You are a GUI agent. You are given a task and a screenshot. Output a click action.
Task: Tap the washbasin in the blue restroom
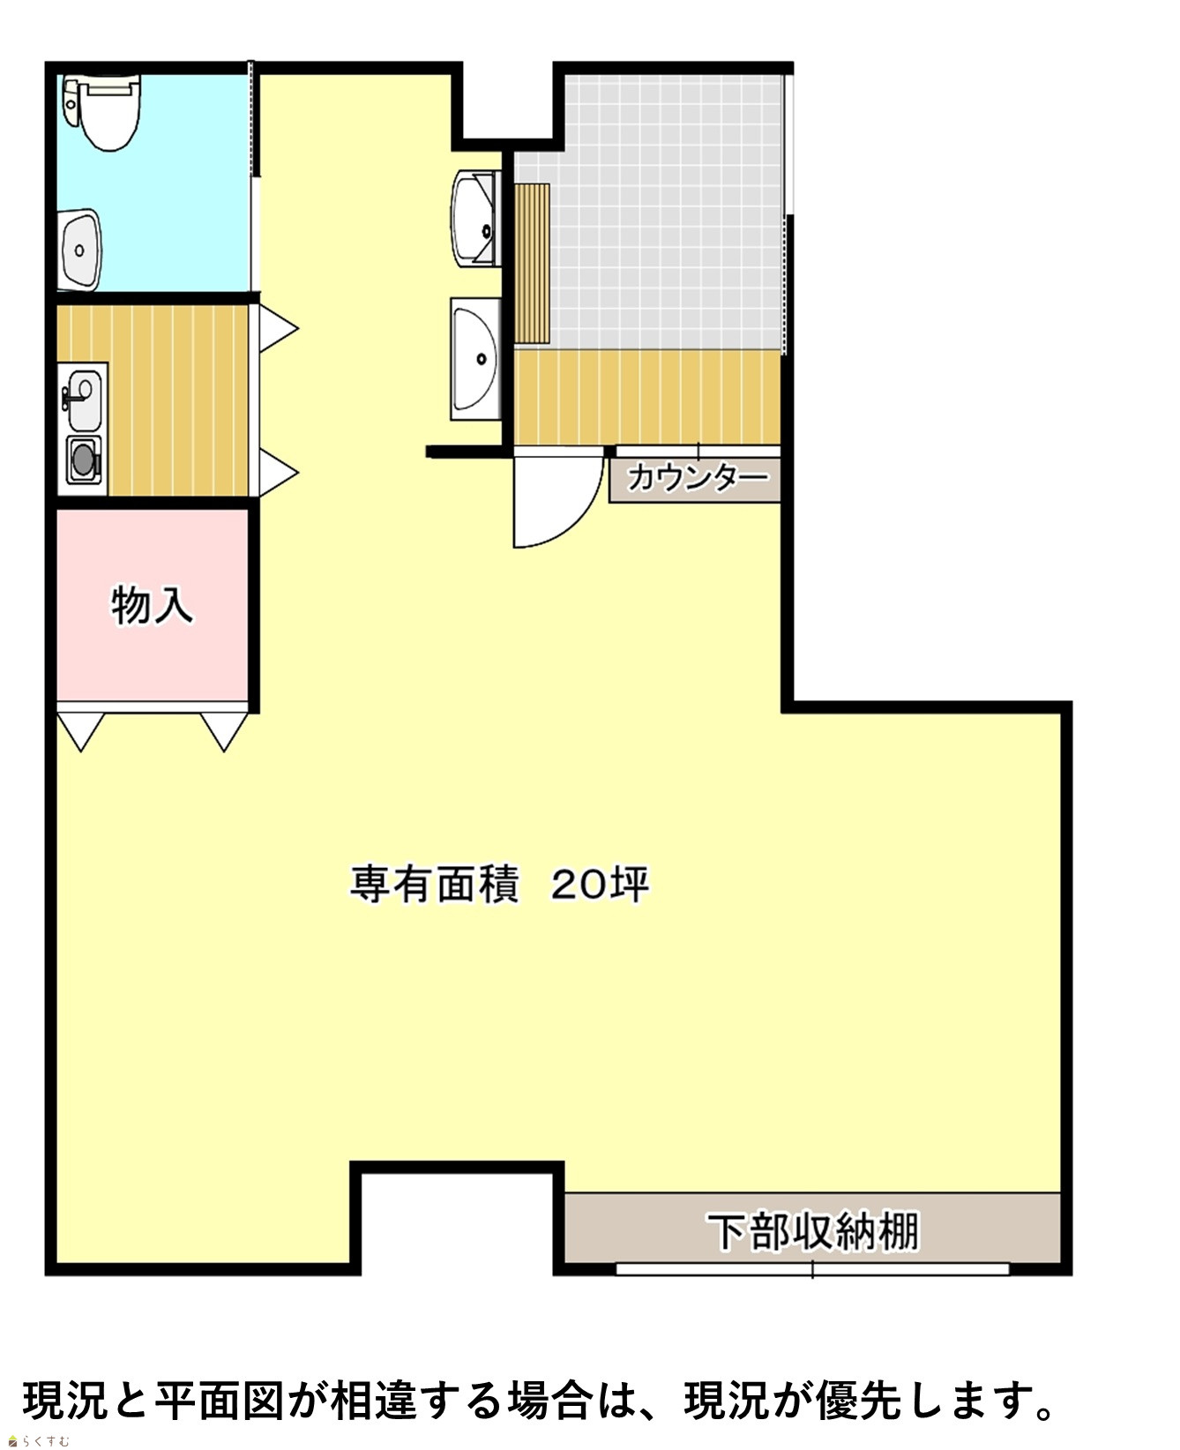80,249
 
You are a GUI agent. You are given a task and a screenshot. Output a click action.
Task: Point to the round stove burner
83,460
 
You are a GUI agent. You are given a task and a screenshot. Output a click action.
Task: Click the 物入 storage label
152,606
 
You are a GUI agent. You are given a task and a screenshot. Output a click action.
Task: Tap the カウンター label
697,478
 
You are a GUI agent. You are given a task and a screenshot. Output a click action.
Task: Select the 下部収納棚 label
813,1230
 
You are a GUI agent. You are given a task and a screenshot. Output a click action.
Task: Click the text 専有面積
434,884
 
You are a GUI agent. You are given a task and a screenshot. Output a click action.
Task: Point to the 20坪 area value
601,884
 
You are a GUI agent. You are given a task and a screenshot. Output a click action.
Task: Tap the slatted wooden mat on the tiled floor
532,264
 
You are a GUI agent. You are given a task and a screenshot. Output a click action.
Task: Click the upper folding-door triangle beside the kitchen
279,329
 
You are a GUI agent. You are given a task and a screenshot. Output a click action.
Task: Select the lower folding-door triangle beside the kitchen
279,472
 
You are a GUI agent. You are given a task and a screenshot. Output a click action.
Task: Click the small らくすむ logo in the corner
38,1441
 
